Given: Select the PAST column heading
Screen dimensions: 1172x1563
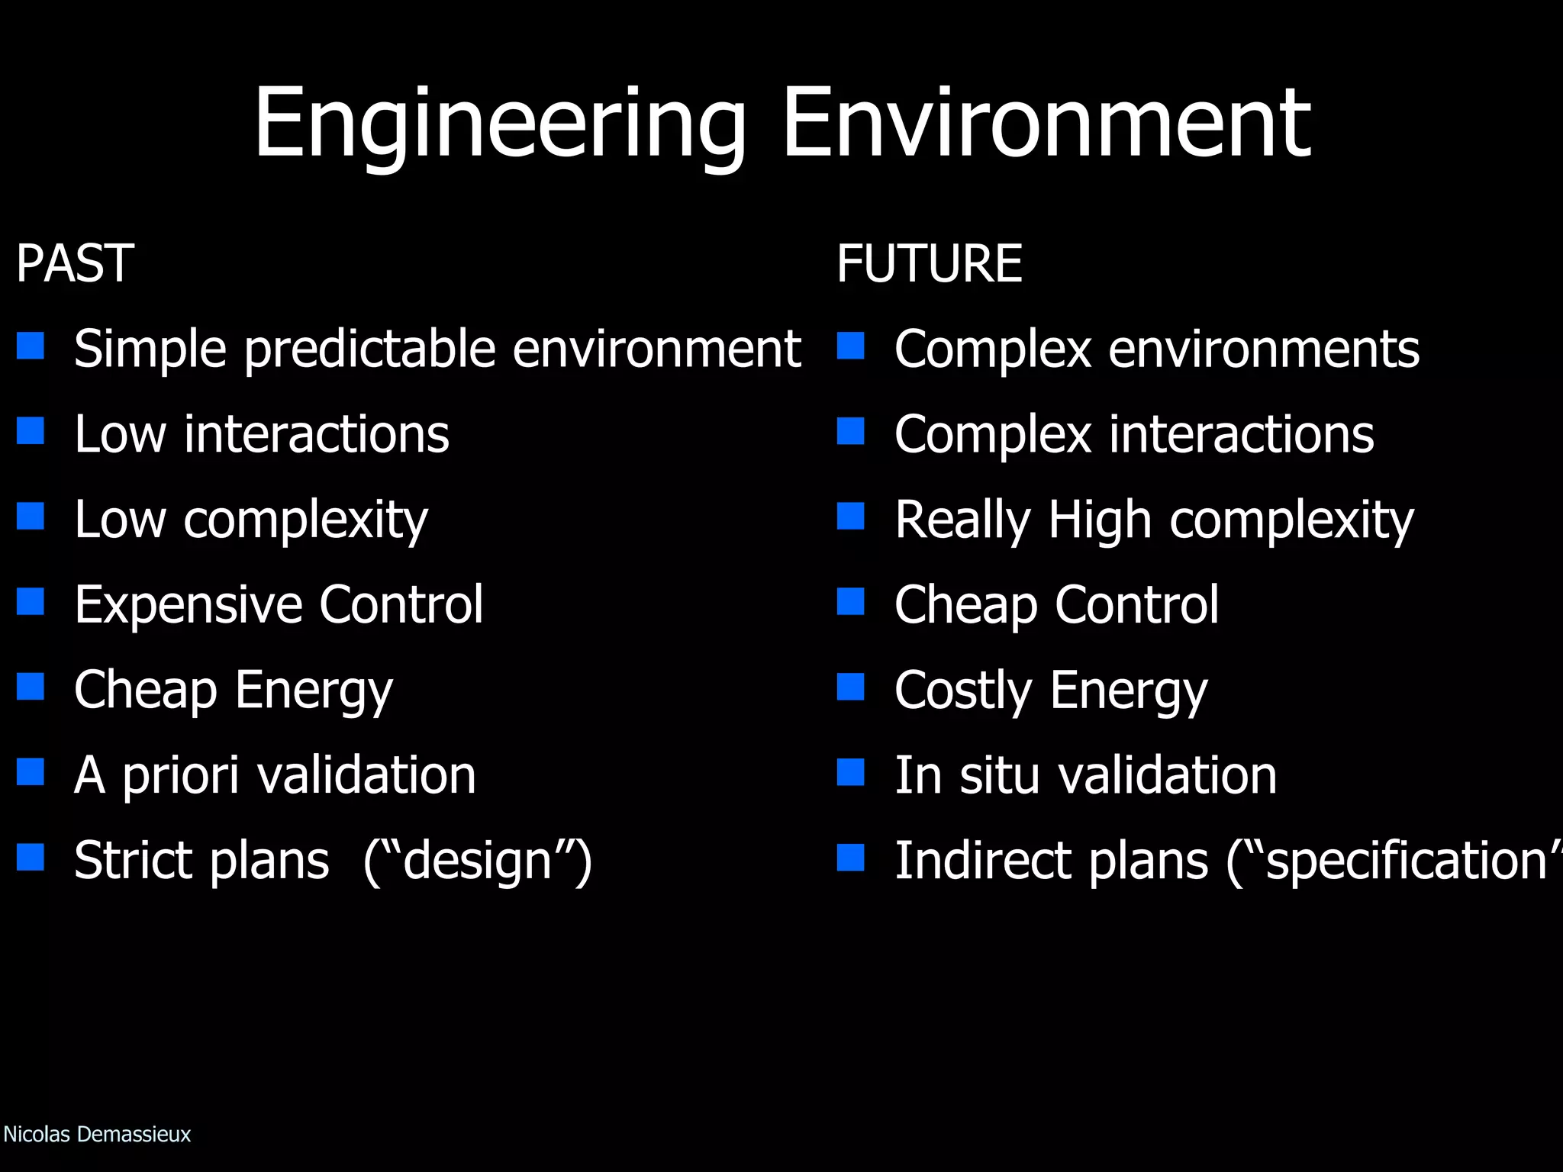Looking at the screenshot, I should point(75,263).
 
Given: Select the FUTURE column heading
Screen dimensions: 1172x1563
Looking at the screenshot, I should point(929,263).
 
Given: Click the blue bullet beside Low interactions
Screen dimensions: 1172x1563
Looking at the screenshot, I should point(31,431).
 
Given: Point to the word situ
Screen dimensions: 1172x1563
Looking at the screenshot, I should point(998,776).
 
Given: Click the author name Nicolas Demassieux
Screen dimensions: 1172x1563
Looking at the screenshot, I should point(97,1135).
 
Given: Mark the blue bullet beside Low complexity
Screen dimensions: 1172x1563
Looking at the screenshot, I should point(31,517).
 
